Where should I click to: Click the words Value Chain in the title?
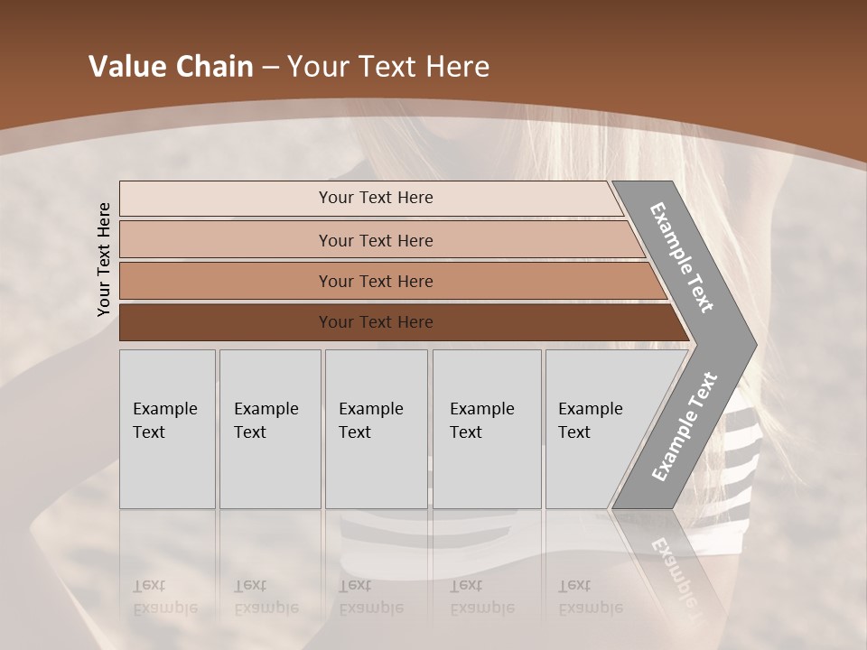click(171, 67)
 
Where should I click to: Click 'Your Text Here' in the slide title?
click(388, 67)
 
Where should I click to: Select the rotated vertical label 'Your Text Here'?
click(104, 259)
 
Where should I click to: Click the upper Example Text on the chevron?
click(682, 257)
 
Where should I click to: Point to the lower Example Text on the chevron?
click(685, 426)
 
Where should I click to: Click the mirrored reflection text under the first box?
click(164, 597)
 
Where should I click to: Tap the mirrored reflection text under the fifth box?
click(590, 597)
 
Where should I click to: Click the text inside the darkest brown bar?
click(376, 322)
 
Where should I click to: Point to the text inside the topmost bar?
click(376, 198)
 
